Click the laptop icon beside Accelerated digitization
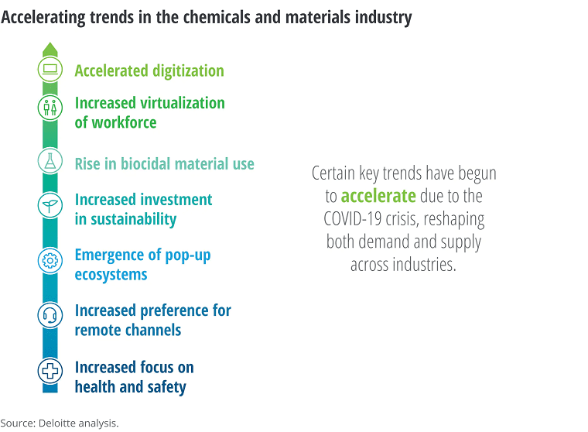coord(50,70)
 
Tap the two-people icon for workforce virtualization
coord(50,108)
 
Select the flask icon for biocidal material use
coord(50,160)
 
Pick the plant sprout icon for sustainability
coord(50,205)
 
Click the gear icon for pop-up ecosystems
coord(50,260)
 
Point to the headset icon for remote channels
coord(50,315)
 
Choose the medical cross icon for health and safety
coord(50,371)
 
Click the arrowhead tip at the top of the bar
coord(50,43)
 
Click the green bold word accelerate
coord(378,196)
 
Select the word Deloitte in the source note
coord(57,423)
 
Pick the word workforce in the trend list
coord(124,122)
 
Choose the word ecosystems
coord(111,275)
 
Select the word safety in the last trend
coord(167,387)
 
